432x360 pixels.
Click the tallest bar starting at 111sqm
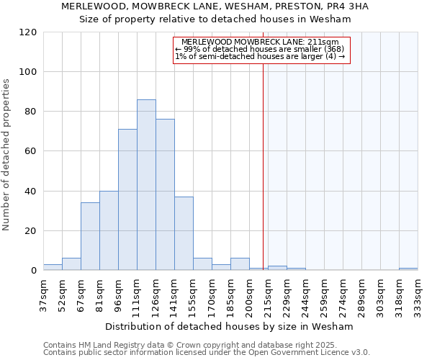tap(146, 185)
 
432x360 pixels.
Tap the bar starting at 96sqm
tap(127, 199)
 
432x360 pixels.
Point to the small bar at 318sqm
tap(408, 269)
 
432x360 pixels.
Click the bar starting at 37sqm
tap(53, 267)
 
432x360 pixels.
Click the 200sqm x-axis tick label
tap(250, 295)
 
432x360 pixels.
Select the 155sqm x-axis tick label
tap(194, 295)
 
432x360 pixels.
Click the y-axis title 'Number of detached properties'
tap(7, 155)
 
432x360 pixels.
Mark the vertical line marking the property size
tap(263, 166)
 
